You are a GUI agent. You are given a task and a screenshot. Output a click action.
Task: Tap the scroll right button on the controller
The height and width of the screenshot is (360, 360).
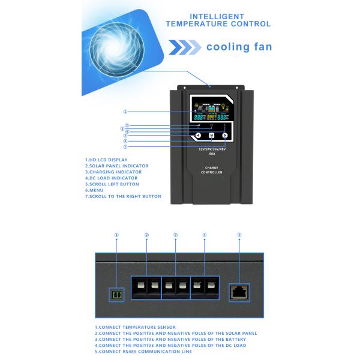(x=225, y=136)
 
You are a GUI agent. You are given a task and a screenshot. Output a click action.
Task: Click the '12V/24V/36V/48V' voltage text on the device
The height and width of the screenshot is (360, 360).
(x=212, y=148)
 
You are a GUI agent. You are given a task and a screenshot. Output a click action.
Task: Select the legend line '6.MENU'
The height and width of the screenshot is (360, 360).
(x=95, y=190)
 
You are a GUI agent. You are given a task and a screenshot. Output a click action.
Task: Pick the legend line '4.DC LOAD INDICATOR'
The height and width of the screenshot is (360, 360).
(x=112, y=178)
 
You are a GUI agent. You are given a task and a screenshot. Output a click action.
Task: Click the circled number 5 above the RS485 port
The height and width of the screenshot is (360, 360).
(x=239, y=235)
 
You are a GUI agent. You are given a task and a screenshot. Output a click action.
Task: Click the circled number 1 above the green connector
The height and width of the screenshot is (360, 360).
(x=116, y=235)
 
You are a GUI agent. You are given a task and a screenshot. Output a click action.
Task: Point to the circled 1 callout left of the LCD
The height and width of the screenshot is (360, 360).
(x=125, y=112)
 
